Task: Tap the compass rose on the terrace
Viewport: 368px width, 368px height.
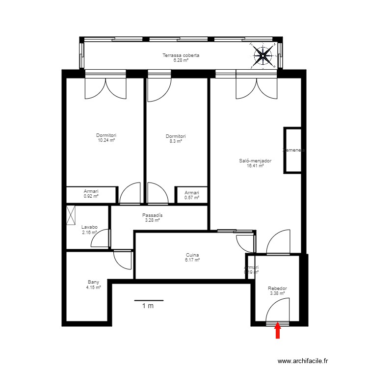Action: [x=264, y=55]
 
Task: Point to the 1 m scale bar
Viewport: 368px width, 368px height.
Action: [x=148, y=301]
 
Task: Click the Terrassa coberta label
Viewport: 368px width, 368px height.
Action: [x=181, y=55]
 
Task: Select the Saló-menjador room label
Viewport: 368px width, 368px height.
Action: [x=255, y=160]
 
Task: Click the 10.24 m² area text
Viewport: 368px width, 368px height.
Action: [x=106, y=140]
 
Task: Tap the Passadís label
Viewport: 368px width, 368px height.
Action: [x=152, y=215]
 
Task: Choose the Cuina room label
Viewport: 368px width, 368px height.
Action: [x=192, y=255]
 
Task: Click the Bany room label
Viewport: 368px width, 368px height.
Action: [x=93, y=282]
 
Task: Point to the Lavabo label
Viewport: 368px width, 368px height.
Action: [x=89, y=227]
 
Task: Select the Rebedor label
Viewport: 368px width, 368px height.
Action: [x=277, y=289]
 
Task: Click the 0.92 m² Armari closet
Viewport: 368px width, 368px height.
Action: [x=91, y=194]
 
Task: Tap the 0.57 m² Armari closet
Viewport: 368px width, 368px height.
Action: [x=192, y=195]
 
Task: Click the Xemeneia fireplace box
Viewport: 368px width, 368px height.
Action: [x=293, y=150]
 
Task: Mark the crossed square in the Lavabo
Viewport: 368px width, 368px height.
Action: [x=72, y=215]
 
